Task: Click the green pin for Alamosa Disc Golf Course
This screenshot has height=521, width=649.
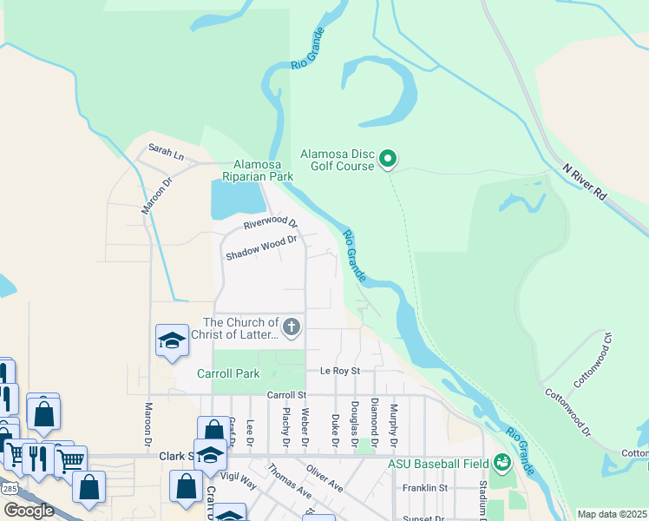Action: pyautogui.click(x=389, y=159)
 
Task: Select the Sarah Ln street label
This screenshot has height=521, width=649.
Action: pyautogui.click(x=167, y=153)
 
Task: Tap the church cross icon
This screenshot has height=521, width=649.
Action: pyautogui.click(x=292, y=328)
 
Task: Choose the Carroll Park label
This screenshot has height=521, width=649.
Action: pyautogui.click(x=228, y=374)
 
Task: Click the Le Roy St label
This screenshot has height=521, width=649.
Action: pyautogui.click(x=338, y=371)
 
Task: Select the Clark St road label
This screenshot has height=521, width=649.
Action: pyautogui.click(x=174, y=455)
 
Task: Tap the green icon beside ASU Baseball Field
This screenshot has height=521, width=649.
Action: pyautogui.click(x=501, y=463)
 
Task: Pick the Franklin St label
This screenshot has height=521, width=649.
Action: pyautogui.click(x=424, y=488)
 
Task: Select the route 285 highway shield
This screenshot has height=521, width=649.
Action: pyautogui.click(x=7, y=489)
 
